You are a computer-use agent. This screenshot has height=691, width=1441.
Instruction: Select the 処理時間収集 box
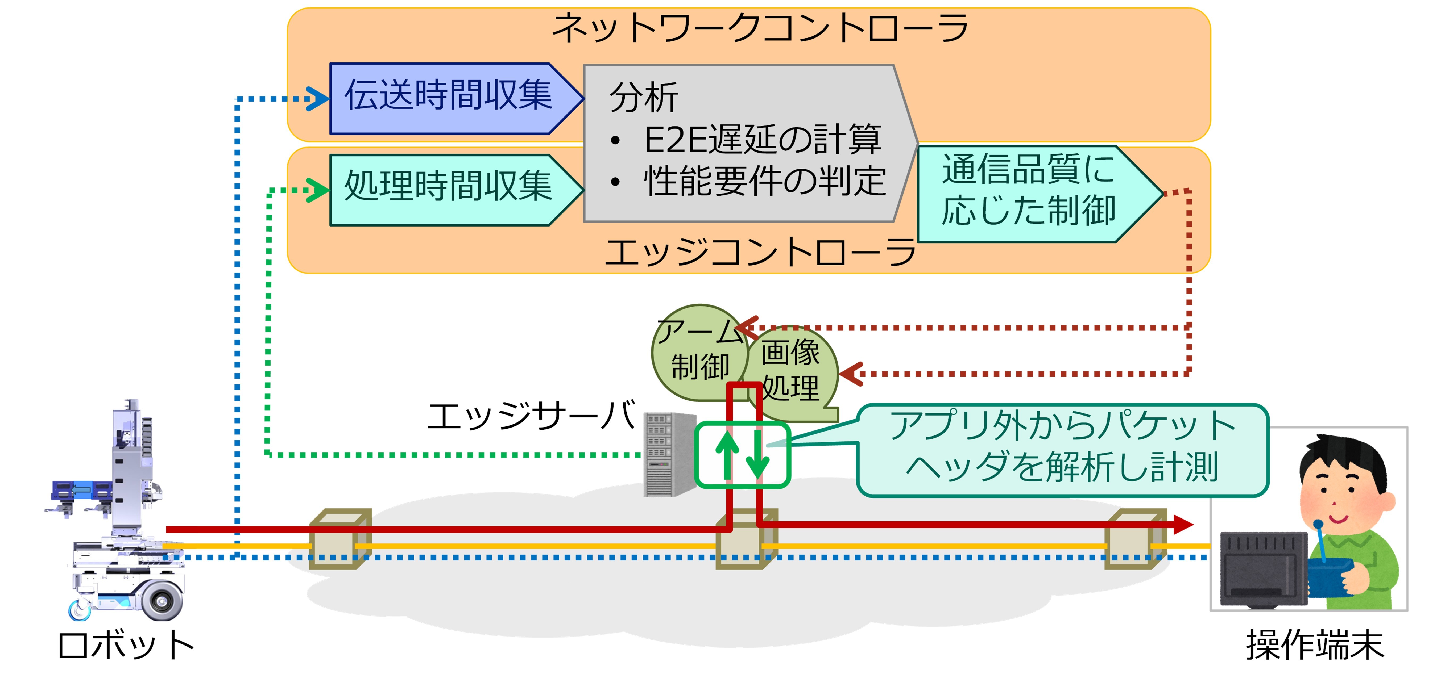point(448,190)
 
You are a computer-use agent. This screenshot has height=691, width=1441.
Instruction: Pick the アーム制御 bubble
point(699,352)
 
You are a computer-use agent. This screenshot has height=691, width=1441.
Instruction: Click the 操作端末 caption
point(1315,646)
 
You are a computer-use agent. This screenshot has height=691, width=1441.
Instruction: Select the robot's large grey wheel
point(162,601)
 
